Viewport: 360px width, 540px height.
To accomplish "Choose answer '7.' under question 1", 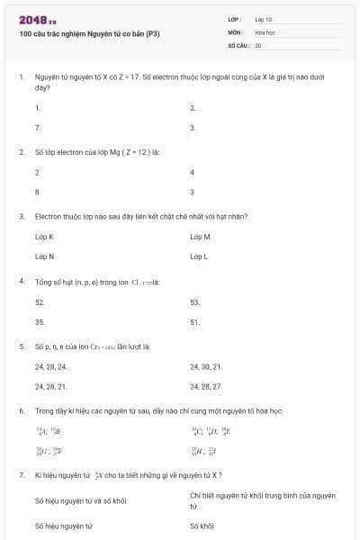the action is (38, 128).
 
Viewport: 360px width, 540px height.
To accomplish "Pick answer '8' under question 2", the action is (37, 192).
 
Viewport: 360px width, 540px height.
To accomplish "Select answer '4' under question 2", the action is (192, 171).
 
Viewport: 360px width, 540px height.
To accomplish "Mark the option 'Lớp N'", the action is (44, 256).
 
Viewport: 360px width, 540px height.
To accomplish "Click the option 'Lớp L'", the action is (199, 256).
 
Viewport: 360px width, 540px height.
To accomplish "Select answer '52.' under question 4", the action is (40, 301).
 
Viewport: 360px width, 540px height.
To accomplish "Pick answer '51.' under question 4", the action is (194, 321).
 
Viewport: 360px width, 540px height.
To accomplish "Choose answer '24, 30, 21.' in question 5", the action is (206, 366).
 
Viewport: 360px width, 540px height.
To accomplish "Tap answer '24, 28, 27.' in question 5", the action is (206, 386).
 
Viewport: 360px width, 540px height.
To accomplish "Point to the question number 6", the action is (21, 410).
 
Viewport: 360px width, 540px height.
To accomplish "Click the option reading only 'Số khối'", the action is (202, 526).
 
